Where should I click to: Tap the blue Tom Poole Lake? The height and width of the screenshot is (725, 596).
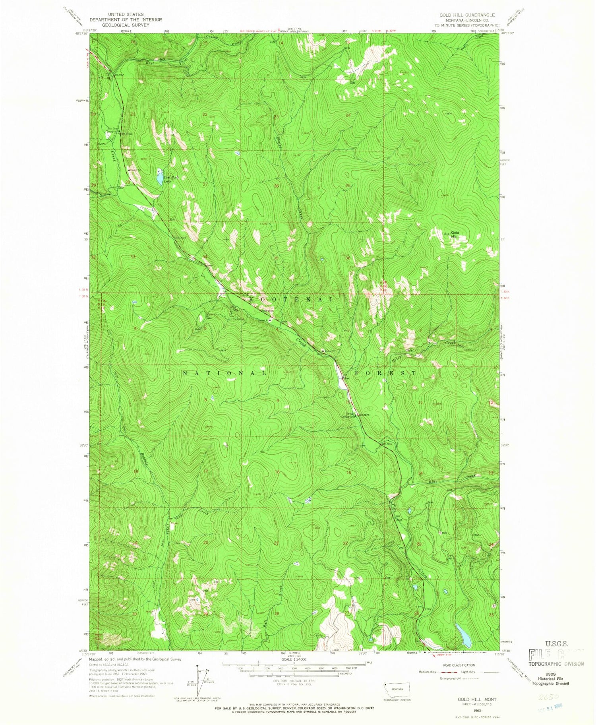(159, 178)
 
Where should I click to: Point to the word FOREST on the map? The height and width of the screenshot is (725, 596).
(384, 373)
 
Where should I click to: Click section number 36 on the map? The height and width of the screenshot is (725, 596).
(348, 258)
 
